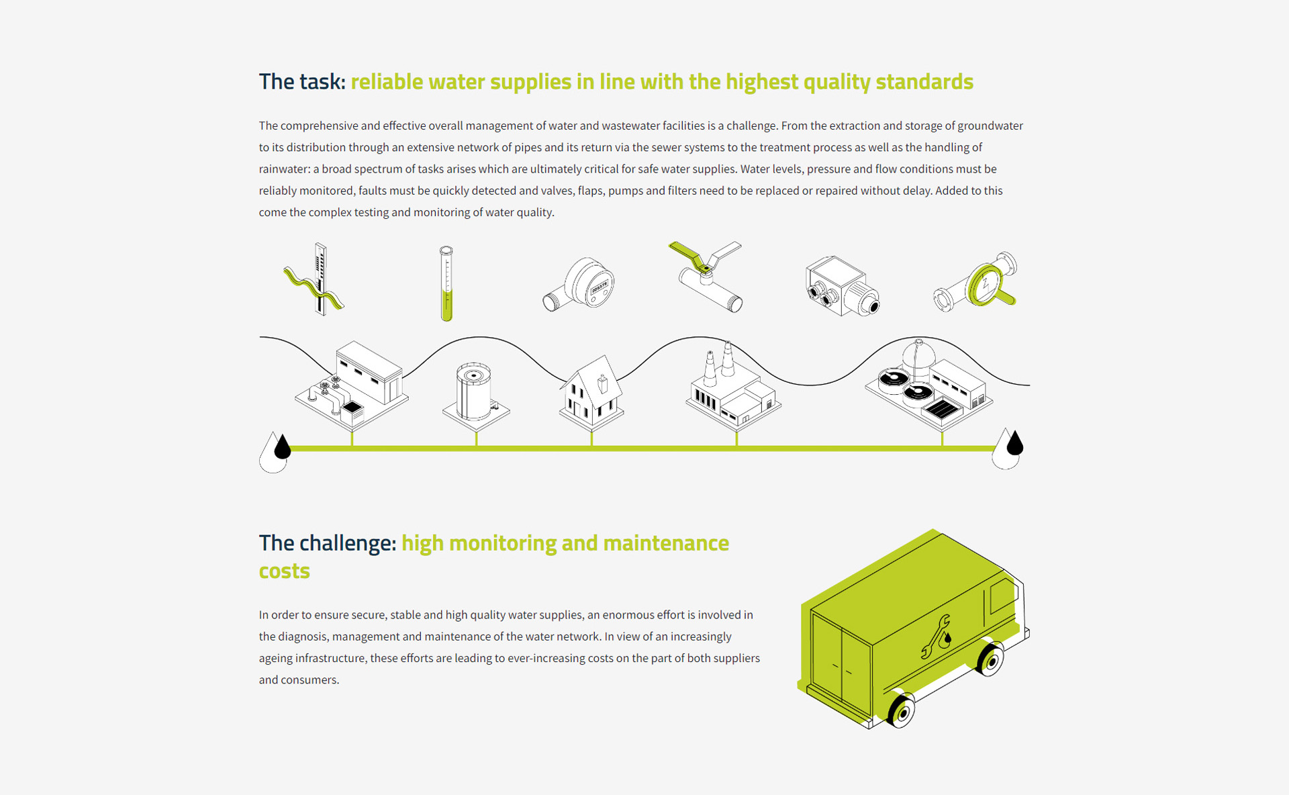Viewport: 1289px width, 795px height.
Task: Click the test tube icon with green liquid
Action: [446, 283]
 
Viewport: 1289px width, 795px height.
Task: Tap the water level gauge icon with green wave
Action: [314, 279]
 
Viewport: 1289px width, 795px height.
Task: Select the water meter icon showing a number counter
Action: [579, 285]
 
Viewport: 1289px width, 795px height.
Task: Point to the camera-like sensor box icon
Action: [842, 286]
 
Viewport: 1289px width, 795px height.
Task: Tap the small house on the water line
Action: [591, 393]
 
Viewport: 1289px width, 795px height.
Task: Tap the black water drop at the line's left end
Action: [283, 447]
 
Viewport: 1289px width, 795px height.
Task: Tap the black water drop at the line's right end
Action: [1014, 442]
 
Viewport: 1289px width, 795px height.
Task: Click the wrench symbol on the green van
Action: [936, 637]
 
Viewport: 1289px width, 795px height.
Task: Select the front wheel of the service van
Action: [990, 659]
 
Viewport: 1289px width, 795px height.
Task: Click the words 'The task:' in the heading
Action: [302, 81]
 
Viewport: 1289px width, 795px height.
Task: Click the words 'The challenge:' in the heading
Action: [328, 543]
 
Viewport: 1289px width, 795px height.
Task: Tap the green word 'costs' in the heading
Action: [285, 571]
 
